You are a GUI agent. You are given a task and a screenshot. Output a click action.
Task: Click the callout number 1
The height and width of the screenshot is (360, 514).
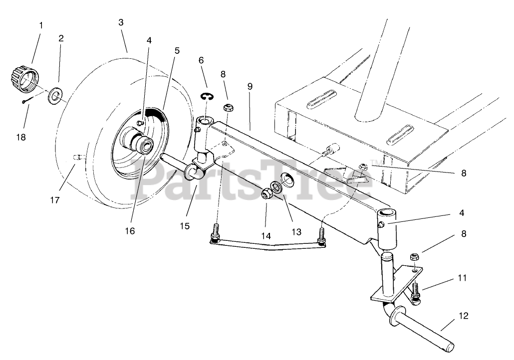(x=41, y=25)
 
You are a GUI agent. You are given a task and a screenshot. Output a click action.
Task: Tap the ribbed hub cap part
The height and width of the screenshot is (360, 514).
(x=22, y=78)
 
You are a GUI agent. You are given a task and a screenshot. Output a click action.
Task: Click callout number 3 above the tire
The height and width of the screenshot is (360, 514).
(x=121, y=22)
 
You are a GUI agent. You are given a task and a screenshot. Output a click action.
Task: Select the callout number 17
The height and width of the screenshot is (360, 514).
(x=54, y=200)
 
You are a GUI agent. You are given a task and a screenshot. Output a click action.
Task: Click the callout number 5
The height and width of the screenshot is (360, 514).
(x=177, y=50)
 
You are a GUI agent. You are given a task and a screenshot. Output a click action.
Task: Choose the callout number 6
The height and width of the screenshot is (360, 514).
(x=201, y=60)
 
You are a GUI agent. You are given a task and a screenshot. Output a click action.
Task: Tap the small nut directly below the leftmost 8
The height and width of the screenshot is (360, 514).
(x=228, y=107)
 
